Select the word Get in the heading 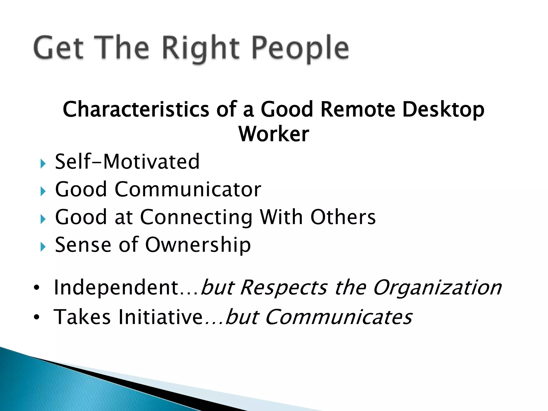(x=59, y=48)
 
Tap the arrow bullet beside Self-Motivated (x=43, y=163)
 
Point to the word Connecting (x=196, y=217)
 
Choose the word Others (x=343, y=217)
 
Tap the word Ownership (x=198, y=245)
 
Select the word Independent (x=116, y=287)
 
